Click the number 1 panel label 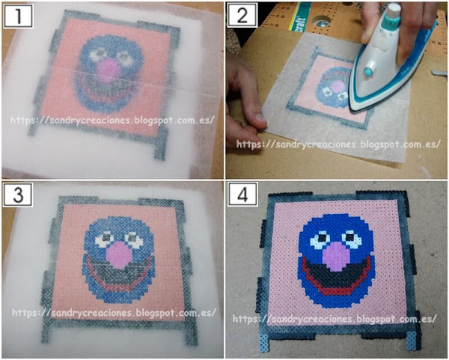18,16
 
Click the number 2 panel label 242,16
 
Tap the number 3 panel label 18,195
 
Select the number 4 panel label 242,195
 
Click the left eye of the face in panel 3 104,238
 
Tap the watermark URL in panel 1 112,120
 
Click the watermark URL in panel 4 335,319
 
